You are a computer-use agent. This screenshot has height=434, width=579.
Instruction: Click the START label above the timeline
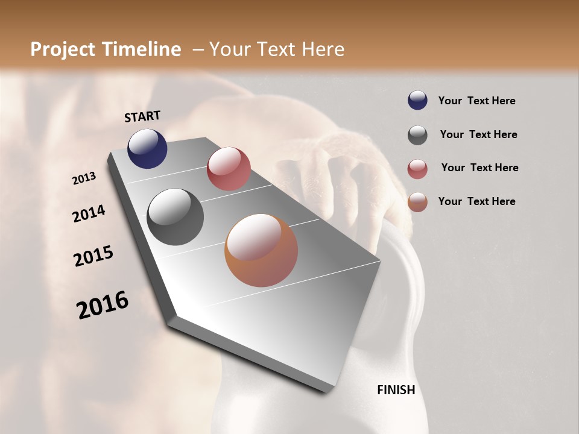tap(142, 116)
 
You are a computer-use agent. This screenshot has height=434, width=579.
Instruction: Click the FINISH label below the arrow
tap(396, 390)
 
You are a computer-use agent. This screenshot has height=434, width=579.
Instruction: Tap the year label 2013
tap(84, 178)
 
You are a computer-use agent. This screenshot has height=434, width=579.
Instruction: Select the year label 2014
tap(89, 214)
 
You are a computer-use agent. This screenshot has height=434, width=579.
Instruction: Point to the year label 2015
tap(93, 256)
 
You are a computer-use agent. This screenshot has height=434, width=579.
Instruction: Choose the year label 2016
tap(103, 304)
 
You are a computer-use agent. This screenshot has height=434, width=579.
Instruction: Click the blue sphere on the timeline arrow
tap(147, 148)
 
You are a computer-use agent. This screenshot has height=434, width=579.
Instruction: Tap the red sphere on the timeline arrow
tap(229, 169)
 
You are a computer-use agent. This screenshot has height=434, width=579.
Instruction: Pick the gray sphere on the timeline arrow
tap(175, 217)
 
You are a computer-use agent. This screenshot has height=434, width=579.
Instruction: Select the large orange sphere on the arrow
tap(261, 250)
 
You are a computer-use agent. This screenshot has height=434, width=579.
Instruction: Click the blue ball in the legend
tap(417, 101)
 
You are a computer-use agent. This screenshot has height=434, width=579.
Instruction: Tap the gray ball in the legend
tap(417, 135)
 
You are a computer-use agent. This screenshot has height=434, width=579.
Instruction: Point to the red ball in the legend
tap(417, 169)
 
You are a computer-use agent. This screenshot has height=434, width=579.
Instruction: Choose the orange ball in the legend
tap(417, 202)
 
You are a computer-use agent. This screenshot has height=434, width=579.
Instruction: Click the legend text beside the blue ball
tap(476, 101)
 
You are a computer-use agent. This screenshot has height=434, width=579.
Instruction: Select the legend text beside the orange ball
tap(476, 201)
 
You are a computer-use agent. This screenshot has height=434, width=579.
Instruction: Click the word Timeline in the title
tap(143, 49)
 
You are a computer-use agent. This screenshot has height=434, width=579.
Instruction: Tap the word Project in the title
tap(63, 49)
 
